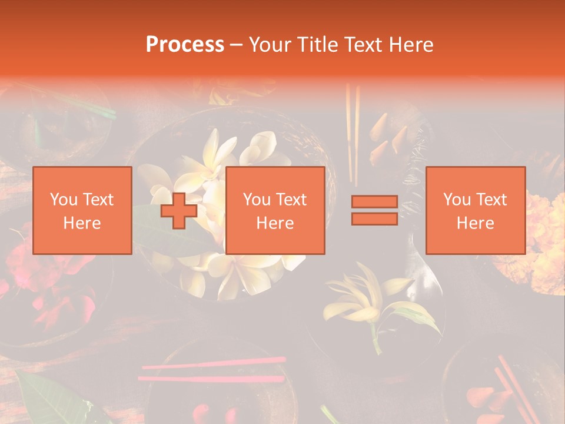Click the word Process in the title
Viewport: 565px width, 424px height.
pos(185,45)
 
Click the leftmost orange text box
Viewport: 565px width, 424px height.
pos(82,210)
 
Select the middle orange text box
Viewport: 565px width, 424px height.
pos(275,210)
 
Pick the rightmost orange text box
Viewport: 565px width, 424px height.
pos(475,210)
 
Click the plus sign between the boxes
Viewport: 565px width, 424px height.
pos(179,211)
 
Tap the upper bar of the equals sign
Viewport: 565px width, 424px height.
pos(374,202)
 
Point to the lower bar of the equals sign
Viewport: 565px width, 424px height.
pos(374,218)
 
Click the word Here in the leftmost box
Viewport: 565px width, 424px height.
pos(82,223)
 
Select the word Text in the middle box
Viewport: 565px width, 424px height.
pos(291,200)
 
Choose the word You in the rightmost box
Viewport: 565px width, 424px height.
pos(457,200)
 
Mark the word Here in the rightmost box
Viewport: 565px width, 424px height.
pos(475,223)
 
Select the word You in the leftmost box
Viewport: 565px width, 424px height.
pos(64,200)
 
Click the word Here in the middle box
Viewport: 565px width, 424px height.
pos(275,223)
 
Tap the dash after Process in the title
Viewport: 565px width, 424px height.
pos(236,45)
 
